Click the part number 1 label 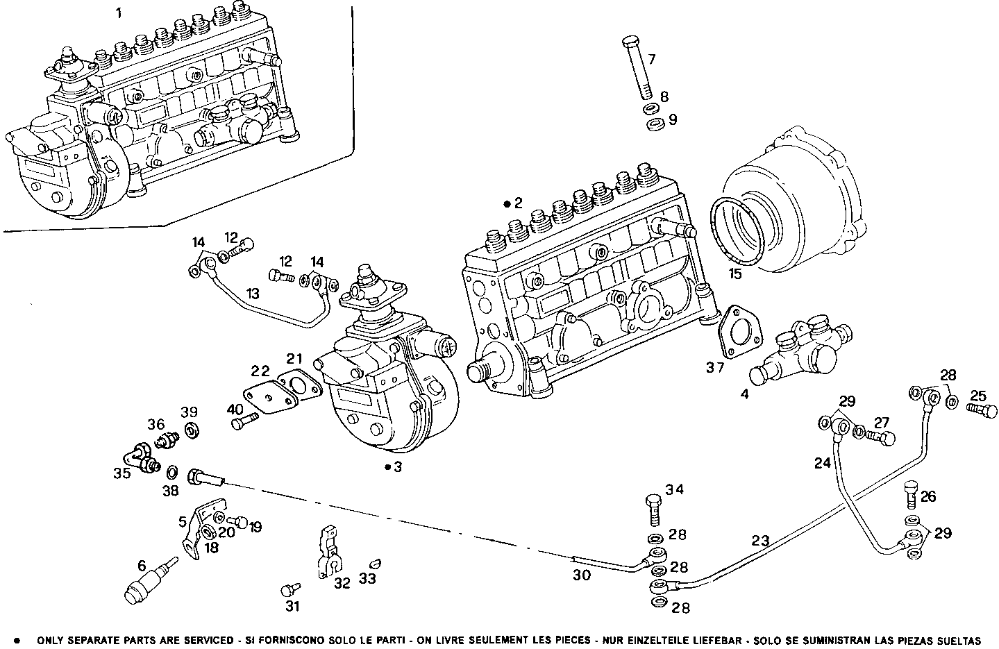point(119,13)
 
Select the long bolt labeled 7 point(636,69)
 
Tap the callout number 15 point(735,273)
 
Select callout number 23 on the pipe point(760,539)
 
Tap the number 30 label point(582,575)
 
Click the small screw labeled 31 point(288,590)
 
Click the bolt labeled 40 point(244,421)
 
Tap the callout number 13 point(253,294)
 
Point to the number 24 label point(823,463)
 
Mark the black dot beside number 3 point(387,467)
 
